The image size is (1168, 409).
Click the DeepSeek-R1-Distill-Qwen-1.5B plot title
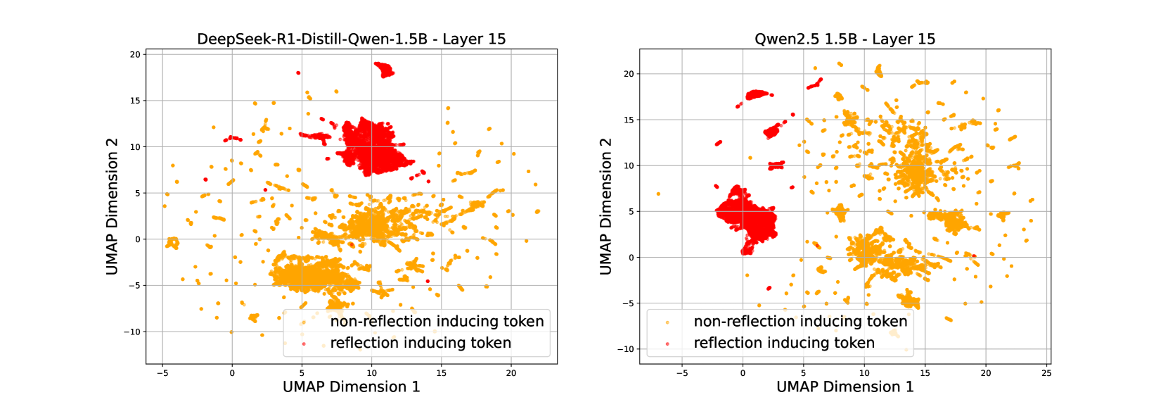click(x=351, y=39)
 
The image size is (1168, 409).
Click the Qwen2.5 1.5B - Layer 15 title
click(x=845, y=39)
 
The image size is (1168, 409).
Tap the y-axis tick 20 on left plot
click(x=135, y=54)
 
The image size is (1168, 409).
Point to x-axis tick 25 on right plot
click(x=1046, y=373)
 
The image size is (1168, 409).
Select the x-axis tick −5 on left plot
click(x=162, y=373)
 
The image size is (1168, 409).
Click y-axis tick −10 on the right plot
click(x=625, y=349)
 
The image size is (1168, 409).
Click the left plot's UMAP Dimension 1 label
click(x=351, y=386)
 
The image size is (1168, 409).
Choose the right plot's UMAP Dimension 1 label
click(x=845, y=386)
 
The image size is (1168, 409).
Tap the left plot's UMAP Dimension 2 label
click(x=112, y=206)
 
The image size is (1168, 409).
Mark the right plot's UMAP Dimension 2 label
click(x=605, y=206)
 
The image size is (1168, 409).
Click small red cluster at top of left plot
click(x=383, y=69)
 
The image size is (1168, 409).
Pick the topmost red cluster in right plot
click(x=757, y=94)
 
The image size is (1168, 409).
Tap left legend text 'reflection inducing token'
click(x=421, y=343)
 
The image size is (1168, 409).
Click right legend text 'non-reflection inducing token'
click(x=800, y=322)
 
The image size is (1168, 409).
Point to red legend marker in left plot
click(x=304, y=344)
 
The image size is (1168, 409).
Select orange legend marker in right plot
click(x=667, y=322)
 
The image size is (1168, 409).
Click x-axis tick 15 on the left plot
click(x=441, y=373)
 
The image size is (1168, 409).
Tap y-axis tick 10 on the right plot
click(x=629, y=165)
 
